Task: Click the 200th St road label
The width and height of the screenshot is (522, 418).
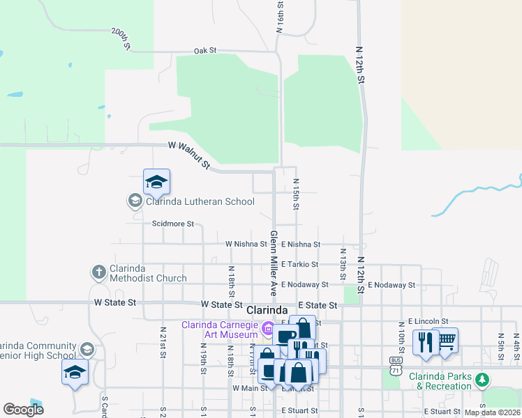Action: click(x=121, y=39)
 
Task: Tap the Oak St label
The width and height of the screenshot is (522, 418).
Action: click(x=206, y=51)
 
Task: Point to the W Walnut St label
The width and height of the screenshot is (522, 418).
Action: click(x=189, y=155)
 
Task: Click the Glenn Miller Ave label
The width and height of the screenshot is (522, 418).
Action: click(x=274, y=263)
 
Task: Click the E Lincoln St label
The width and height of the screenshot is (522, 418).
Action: click(x=429, y=321)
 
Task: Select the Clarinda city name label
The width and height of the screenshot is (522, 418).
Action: click(x=267, y=309)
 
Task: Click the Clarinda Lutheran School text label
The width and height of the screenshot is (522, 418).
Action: click(x=200, y=202)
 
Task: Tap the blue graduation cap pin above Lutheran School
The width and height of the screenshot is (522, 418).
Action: click(x=156, y=183)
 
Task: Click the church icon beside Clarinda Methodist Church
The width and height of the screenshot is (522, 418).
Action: click(x=99, y=271)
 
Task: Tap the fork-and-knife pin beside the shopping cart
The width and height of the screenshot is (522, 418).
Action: click(x=426, y=343)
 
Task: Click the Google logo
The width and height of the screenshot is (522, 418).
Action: click(x=23, y=410)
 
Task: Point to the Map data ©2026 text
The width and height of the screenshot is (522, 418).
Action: click(x=492, y=412)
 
